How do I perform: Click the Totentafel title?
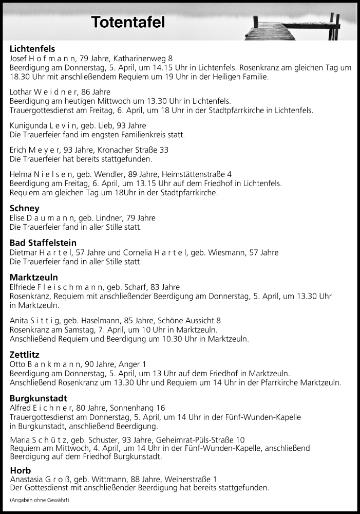click(x=128, y=22)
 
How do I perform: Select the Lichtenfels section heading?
click(x=32, y=49)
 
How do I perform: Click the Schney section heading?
click(x=25, y=208)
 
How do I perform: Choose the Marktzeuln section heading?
click(x=34, y=278)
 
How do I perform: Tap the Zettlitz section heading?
click(x=25, y=354)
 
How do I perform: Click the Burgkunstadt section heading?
click(x=39, y=398)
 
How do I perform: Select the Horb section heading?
click(x=21, y=470)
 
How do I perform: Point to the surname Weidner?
click(x=59, y=92)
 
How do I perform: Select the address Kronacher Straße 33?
click(x=136, y=150)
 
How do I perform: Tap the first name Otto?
click(x=18, y=364)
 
